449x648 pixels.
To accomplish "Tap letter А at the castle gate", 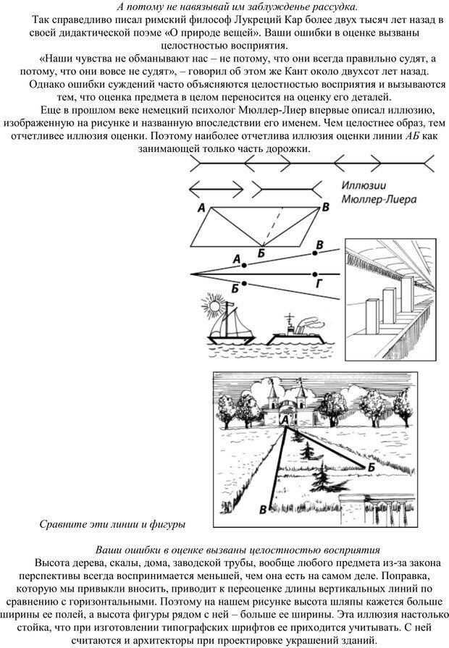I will point(284,419).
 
